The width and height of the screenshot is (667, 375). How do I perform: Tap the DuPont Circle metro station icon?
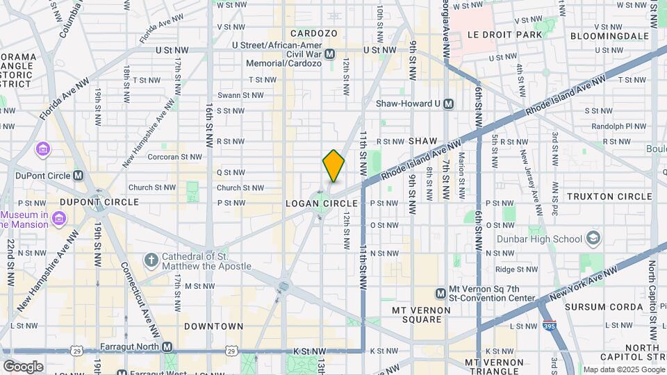(x=78, y=176)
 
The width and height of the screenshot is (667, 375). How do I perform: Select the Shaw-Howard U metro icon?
(x=448, y=103)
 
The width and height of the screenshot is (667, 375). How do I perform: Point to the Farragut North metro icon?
(x=167, y=347)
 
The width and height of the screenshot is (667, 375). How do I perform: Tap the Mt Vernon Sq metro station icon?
(x=440, y=294)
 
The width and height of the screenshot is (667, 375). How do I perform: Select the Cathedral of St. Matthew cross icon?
(x=151, y=260)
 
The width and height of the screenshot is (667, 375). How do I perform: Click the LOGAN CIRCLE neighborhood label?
(x=322, y=203)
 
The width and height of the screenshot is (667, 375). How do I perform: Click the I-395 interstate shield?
(x=547, y=326)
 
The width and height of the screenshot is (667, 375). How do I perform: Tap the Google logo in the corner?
(x=23, y=366)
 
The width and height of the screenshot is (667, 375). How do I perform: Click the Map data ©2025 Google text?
(x=623, y=369)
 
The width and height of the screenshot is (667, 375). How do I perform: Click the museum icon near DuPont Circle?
(x=43, y=149)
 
